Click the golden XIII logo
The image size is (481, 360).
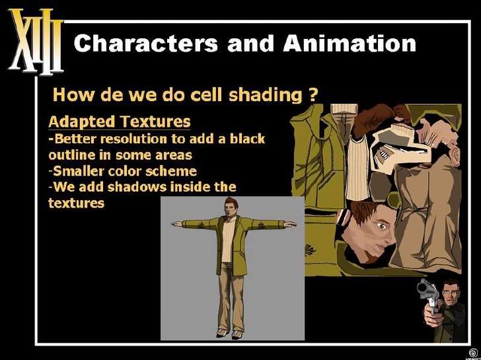point(36,42)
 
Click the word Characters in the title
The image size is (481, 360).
point(146,43)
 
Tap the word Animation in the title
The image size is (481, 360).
point(350,43)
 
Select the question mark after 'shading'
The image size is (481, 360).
point(311,94)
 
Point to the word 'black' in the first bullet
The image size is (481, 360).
point(248,139)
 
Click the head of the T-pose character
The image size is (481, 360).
point(230,206)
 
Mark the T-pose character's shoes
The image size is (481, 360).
point(229,334)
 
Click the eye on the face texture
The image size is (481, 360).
point(382,227)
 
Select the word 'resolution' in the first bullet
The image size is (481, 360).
point(133,139)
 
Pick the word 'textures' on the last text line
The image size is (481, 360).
point(77,203)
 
